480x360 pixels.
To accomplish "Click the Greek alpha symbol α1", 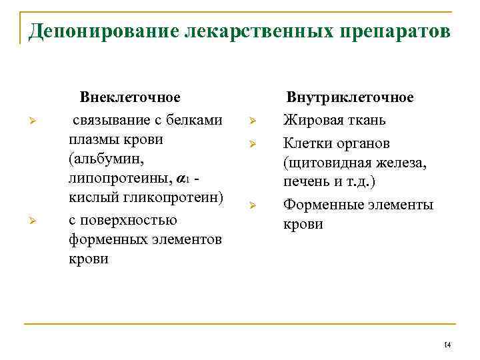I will coord(183,180).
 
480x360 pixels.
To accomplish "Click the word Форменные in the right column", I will coord(323,205).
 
